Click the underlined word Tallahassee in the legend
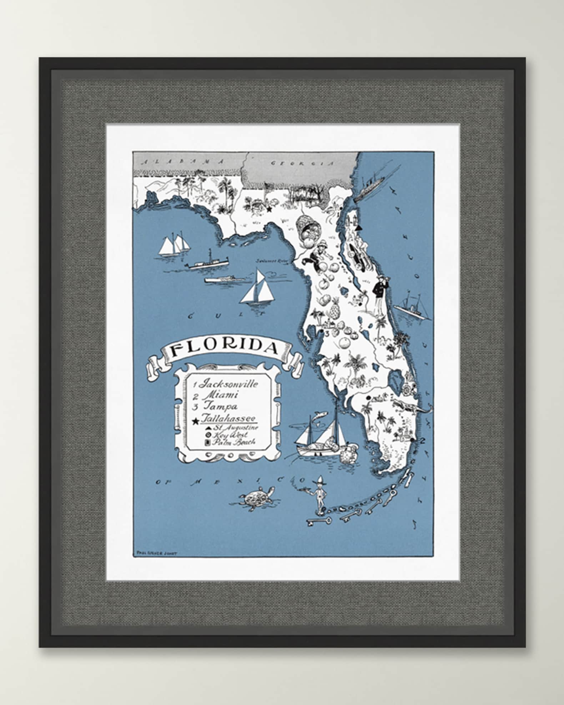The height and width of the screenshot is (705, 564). click(230, 418)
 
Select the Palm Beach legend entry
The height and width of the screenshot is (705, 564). click(233, 442)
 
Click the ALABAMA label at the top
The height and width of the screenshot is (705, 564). click(183, 162)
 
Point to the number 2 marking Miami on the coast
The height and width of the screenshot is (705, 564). click(422, 441)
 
